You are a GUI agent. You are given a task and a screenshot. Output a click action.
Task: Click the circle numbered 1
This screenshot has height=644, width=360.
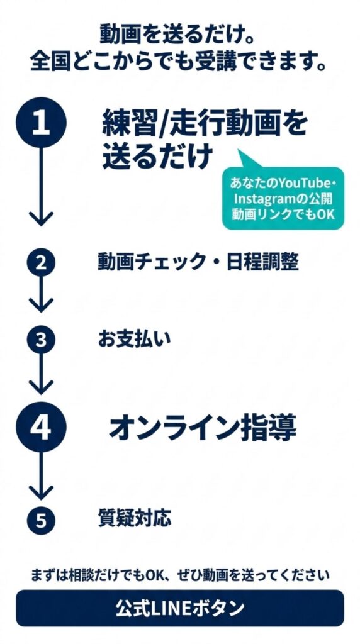41,123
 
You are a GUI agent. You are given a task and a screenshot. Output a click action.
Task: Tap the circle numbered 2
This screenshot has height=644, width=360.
41,263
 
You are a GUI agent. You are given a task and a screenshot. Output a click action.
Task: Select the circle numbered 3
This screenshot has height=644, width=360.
41,340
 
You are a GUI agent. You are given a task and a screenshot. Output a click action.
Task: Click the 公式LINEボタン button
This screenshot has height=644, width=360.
180,608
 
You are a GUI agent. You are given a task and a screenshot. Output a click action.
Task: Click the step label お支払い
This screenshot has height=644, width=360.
134,340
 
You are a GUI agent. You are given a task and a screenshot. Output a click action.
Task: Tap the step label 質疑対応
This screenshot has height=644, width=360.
135,518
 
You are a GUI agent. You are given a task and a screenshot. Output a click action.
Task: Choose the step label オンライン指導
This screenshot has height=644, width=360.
203,428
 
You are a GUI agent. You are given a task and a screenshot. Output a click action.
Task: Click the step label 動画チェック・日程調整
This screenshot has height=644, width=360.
198,262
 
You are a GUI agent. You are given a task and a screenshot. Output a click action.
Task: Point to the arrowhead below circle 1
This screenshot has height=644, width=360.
41,218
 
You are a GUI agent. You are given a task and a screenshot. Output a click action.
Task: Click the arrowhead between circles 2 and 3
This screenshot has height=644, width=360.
41,305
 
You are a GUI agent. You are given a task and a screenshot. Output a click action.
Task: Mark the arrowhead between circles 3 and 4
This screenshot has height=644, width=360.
41,387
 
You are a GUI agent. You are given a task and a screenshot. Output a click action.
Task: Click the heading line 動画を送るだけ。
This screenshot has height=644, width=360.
177,36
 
